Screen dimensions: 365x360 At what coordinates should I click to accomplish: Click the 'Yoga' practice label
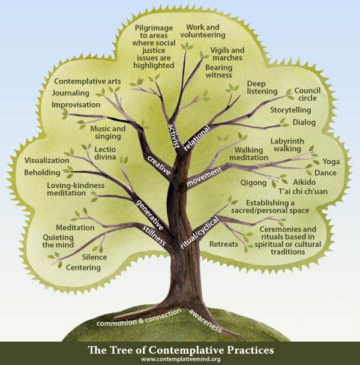click(x=331, y=161)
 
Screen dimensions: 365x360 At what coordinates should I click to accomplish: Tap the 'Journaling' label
click(x=70, y=93)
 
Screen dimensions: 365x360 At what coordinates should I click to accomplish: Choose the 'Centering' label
click(x=83, y=267)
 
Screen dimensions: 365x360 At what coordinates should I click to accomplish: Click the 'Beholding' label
click(x=43, y=173)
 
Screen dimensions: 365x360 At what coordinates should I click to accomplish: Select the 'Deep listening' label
click(x=262, y=87)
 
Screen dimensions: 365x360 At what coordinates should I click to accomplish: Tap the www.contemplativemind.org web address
click(x=180, y=359)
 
